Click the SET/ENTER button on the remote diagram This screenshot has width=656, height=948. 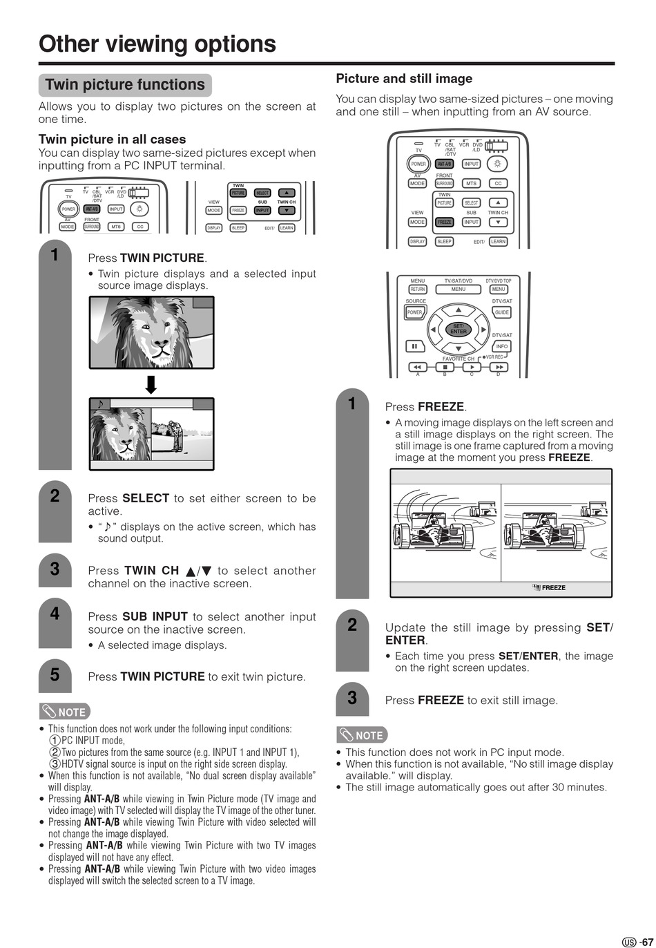coord(458,329)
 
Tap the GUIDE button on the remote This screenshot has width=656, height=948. coord(502,312)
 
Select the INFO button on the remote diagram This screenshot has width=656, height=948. coord(502,346)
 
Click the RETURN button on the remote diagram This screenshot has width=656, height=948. coord(418,290)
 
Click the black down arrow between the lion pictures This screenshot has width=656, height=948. coord(151,384)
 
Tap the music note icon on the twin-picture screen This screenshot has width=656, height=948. coord(100,404)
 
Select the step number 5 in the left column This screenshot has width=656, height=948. coord(55,674)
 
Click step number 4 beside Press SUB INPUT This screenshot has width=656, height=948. coord(55,613)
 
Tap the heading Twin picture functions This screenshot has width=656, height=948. coord(125,85)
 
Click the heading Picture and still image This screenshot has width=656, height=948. coord(404,79)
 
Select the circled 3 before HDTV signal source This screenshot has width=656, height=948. coord(55,764)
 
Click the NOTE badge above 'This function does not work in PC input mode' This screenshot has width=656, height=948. coord(362,735)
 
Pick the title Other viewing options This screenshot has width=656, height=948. coord(157,44)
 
